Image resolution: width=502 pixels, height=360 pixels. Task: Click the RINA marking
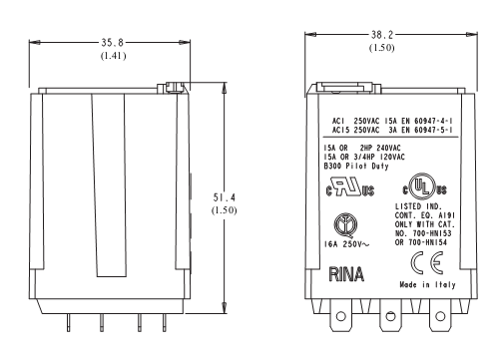click(347, 272)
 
